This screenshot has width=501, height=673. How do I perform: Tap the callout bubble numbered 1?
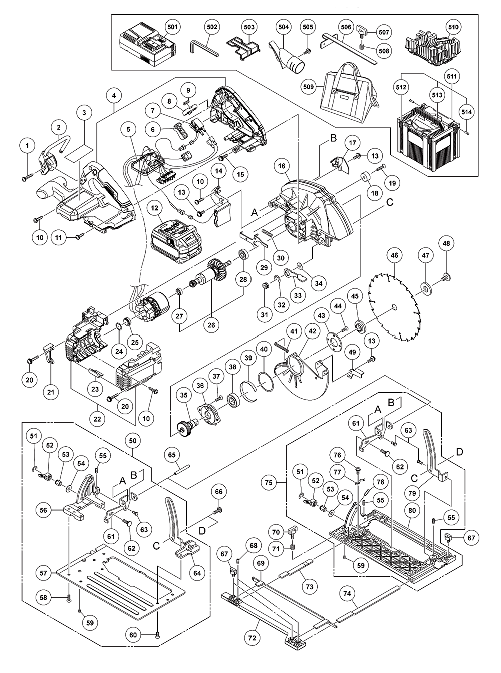pos(28,146)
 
